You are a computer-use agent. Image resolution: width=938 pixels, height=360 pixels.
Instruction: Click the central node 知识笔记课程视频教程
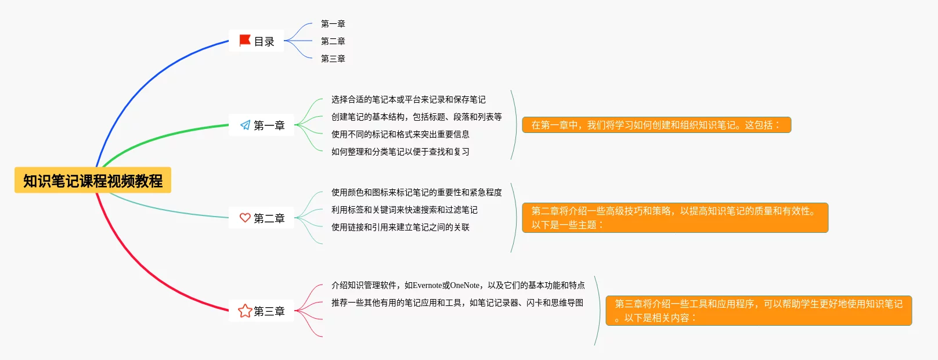(93, 181)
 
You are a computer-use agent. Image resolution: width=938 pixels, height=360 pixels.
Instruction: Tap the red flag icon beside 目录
(245, 41)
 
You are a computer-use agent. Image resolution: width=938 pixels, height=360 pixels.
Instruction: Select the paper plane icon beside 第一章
(245, 125)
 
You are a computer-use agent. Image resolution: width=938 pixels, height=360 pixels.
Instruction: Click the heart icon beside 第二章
(245, 218)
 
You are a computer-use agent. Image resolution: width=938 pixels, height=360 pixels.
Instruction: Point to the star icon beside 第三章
(245, 311)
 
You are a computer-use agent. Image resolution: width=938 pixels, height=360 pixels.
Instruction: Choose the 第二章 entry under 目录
(333, 41)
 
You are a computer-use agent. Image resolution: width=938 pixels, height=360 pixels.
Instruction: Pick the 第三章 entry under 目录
(333, 59)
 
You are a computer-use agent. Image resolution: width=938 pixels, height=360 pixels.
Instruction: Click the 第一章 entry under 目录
(333, 24)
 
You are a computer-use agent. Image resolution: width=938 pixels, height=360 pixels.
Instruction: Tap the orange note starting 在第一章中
(656, 125)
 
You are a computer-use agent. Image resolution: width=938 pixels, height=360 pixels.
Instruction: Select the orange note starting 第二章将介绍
(674, 218)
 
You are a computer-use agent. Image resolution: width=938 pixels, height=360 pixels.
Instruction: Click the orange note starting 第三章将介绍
(758, 311)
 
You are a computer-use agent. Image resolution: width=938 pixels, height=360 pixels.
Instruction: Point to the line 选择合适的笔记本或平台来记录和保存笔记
(408, 100)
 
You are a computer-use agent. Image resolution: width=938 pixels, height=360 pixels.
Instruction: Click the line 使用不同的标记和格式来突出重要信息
(400, 135)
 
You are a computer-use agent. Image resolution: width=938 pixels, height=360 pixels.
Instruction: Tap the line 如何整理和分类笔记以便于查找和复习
(400, 152)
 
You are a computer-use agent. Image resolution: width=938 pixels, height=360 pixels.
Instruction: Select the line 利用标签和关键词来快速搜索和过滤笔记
(404, 210)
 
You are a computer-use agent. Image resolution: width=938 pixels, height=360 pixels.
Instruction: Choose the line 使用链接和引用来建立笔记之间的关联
(400, 228)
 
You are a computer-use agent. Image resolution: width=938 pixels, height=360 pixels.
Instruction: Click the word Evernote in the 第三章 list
(427, 286)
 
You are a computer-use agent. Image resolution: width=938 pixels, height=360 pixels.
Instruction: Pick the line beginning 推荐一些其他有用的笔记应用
(457, 303)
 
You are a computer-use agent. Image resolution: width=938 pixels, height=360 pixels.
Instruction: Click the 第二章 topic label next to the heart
(269, 218)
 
